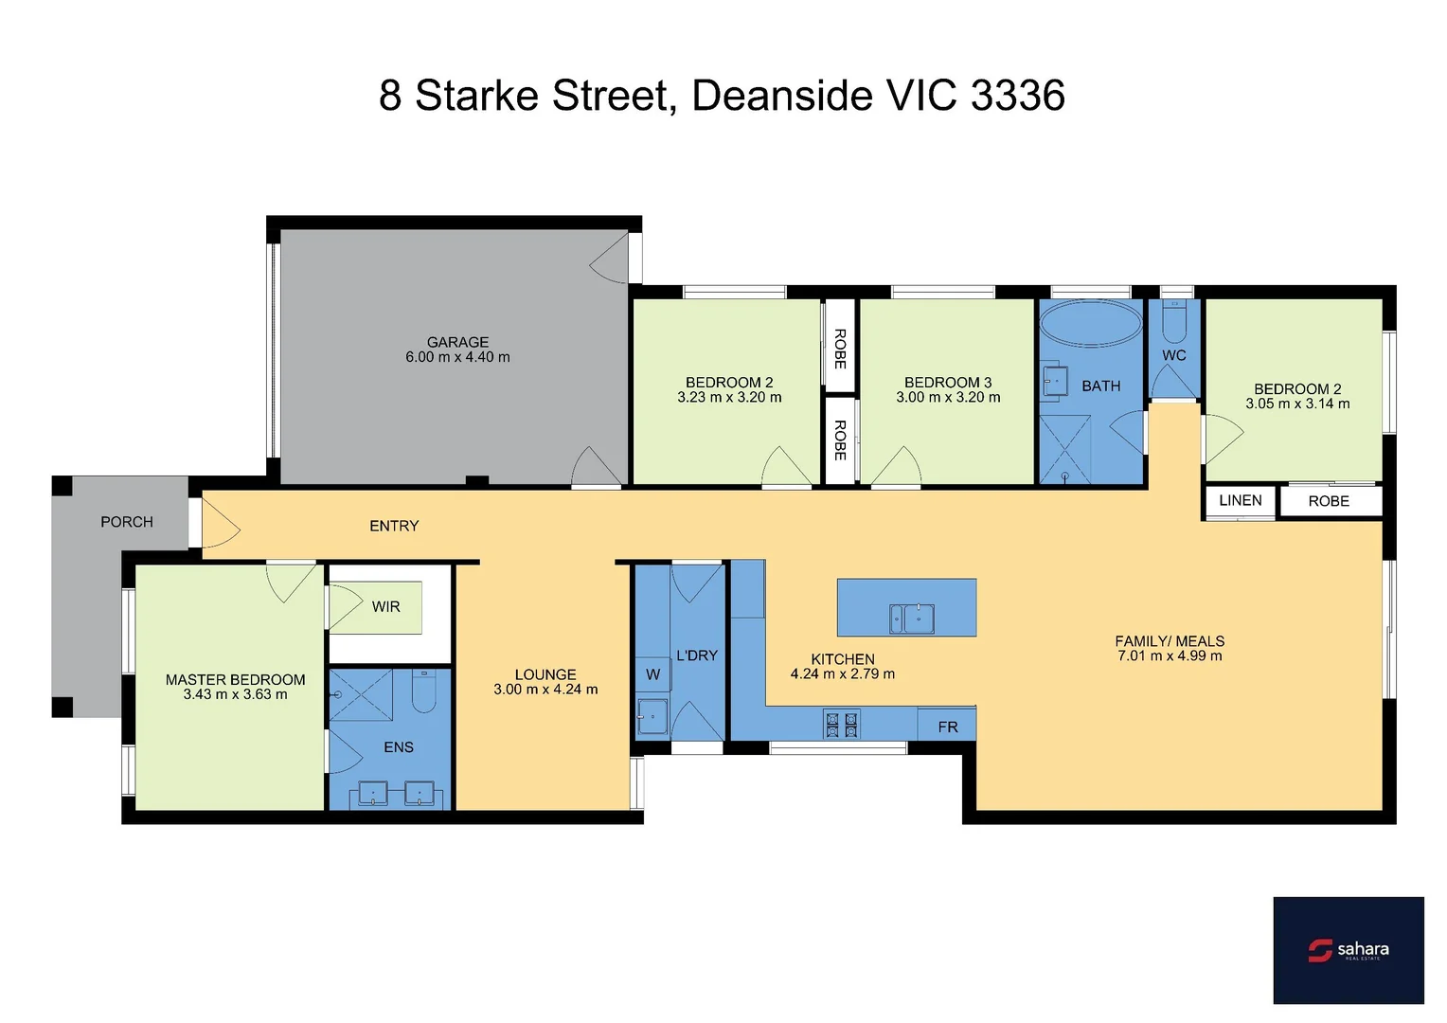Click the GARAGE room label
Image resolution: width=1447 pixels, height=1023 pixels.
click(x=457, y=342)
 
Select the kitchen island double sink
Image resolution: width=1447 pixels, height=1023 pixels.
click(x=911, y=619)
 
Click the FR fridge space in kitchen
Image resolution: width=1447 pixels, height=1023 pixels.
click(x=947, y=727)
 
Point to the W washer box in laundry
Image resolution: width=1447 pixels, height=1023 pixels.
click(x=652, y=674)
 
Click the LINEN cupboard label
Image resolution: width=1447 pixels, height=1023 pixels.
click(x=1240, y=500)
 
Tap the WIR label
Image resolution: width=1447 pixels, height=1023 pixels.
click(x=385, y=606)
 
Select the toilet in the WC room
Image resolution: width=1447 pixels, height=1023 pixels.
click(x=1173, y=323)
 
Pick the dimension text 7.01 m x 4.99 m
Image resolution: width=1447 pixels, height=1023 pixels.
click(x=1170, y=655)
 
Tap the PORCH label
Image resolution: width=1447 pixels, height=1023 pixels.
click(x=127, y=522)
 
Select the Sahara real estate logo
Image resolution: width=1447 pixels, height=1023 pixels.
click(x=1348, y=949)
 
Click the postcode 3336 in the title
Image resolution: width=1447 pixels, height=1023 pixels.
click(x=1018, y=96)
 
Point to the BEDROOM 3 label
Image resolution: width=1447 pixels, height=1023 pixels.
click(x=947, y=382)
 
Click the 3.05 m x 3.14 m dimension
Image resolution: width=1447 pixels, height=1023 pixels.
click(x=1297, y=404)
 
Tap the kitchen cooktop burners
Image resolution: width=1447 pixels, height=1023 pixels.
click(x=842, y=725)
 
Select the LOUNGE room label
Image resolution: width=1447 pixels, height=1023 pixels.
click(x=545, y=674)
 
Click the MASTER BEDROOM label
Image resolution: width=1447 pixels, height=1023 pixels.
click(x=235, y=679)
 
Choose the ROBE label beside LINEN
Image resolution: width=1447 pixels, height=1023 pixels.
click(x=1328, y=501)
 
